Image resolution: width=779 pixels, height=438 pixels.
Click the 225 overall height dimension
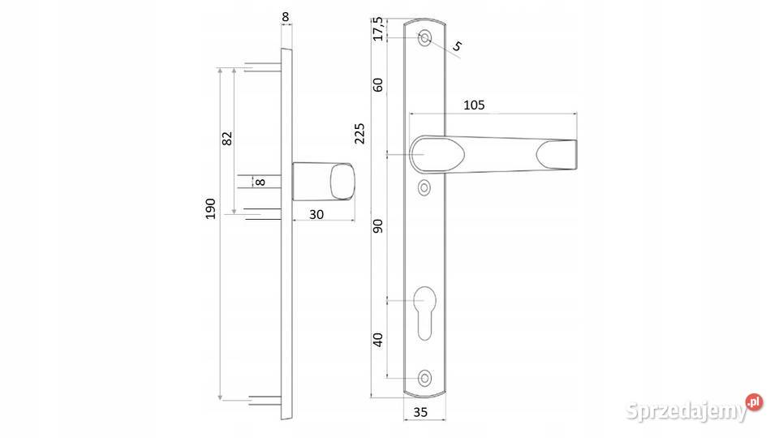point(359,134)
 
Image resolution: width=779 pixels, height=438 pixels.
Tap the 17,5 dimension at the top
point(378,29)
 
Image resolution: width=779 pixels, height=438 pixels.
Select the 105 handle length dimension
point(474,105)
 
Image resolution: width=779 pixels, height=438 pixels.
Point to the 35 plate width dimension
point(420,412)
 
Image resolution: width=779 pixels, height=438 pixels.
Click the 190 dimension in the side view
point(211,208)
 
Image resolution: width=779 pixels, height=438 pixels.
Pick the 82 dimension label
point(227,138)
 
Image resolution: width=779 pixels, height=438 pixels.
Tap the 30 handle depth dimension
point(316,214)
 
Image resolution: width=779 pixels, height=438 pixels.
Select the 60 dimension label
point(378,85)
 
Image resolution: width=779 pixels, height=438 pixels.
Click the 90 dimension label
point(378,226)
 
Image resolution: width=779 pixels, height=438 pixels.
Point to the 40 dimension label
point(378,340)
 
